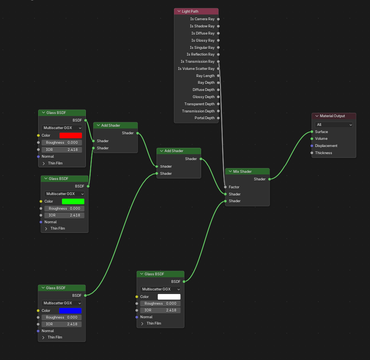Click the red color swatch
(x=71, y=135)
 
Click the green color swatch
(x=73, y=201)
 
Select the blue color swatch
(x=70, y=311)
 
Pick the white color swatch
(x=169, y=297)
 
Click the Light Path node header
(x=196, y=12)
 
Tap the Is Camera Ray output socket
(x=218, y=19)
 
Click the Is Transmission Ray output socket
(x=218, y=62)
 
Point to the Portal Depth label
(x=204, y=118)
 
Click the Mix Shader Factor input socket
(x=225, y=187)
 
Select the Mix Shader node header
(x=247, y=172)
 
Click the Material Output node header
(x=334, y=116)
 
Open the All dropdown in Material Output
(x=334, y=125)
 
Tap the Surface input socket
(x=312, y=132)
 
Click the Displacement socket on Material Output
(x=312, y=146)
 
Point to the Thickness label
(x=324, y=153)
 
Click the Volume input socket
(x=312, y=139)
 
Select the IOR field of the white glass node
(x=160, y=310)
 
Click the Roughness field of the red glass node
(x=62, y=143)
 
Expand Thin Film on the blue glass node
(x=44, y=337)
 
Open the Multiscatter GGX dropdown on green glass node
(x=64, y=194)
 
